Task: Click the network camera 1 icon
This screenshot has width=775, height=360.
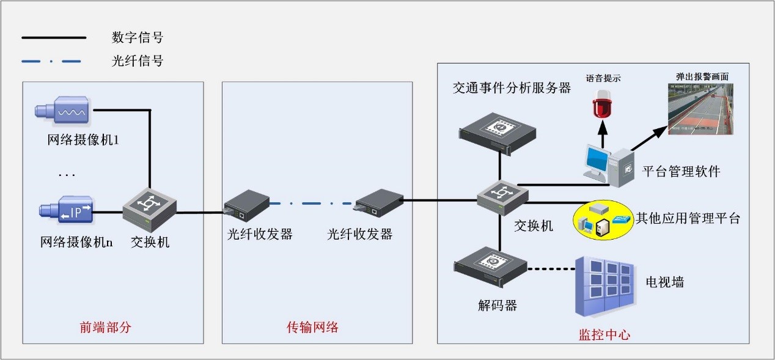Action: click(x=64, y=110)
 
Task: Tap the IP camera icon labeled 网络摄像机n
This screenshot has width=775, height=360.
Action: click(x=65, y=211)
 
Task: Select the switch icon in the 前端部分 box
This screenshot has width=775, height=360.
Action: click(x=149, y=206)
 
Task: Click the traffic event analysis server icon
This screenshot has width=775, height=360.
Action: click(x=498, y=131)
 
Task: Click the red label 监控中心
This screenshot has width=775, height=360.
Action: click(x=604, y=334)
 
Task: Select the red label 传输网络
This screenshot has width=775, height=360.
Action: click(x=312, y=327)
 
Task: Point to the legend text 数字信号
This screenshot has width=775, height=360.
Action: click(x=138, y=38)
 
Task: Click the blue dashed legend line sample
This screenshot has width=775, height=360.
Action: click(x=51, y=61)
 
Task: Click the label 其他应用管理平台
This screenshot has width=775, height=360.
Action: click(x=688, y=218)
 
